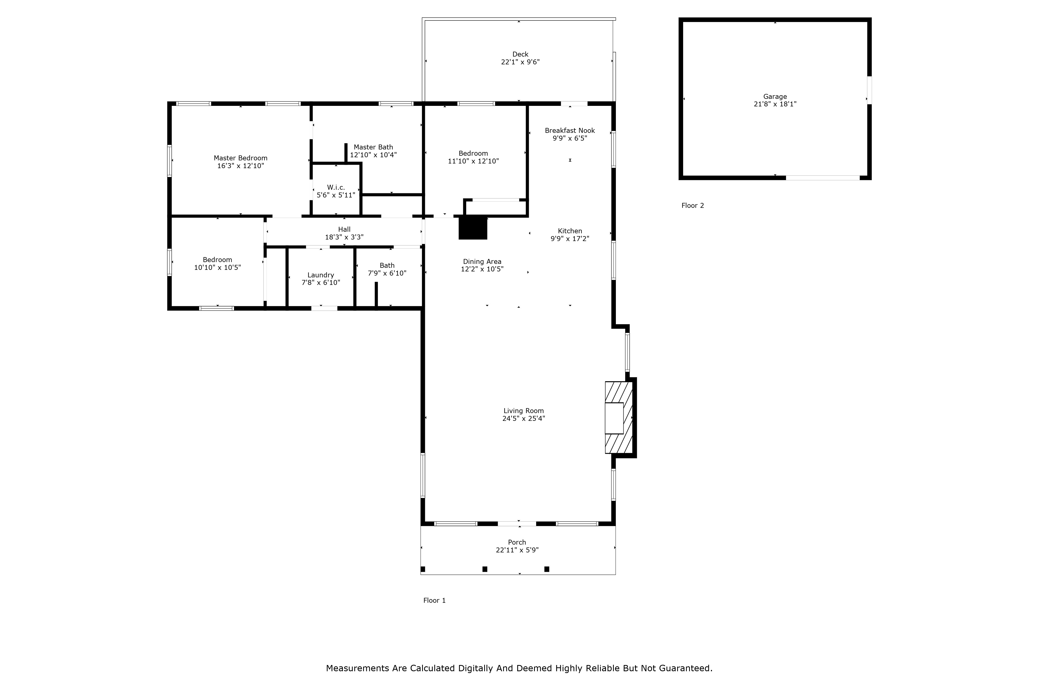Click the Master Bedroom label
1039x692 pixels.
click(240, 158)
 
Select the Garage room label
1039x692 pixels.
click(775, 97)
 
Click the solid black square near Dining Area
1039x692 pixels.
click(473, 228)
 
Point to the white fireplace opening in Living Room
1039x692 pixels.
click(614, 418)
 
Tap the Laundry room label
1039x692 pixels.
click(321, 275)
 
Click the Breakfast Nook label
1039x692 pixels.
click(569, 131)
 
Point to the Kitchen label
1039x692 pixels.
click(569, 231)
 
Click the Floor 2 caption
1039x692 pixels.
click(692, 206)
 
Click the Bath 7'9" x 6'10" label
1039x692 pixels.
click(387, 269)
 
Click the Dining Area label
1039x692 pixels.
click(482, 262)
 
